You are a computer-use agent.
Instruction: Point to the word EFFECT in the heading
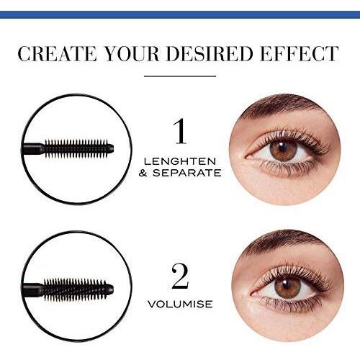[300, 53]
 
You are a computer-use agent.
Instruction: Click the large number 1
[180, 131]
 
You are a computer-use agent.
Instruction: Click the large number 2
[180, 276]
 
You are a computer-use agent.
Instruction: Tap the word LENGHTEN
[180, 161]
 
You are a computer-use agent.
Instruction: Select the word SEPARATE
[187, 173]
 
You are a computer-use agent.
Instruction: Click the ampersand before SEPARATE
[143, 173]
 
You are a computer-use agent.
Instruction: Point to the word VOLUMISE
[180, 304]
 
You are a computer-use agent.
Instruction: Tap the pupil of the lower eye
[287, 284]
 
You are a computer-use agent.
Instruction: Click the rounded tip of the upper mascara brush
[110, 148]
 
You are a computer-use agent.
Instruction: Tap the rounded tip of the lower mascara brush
[110, 289]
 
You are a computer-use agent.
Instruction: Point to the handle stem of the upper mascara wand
[33, 149]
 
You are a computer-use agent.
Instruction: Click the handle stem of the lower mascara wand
[33, 289]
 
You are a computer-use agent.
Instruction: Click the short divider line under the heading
[180, 76]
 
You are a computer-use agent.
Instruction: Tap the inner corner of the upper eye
[246, 156]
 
